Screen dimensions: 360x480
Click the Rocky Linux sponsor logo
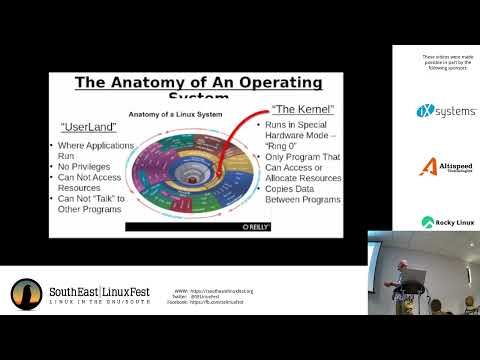click(x=446, y=222)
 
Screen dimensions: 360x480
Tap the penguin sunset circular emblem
click(x=26, y=294)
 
